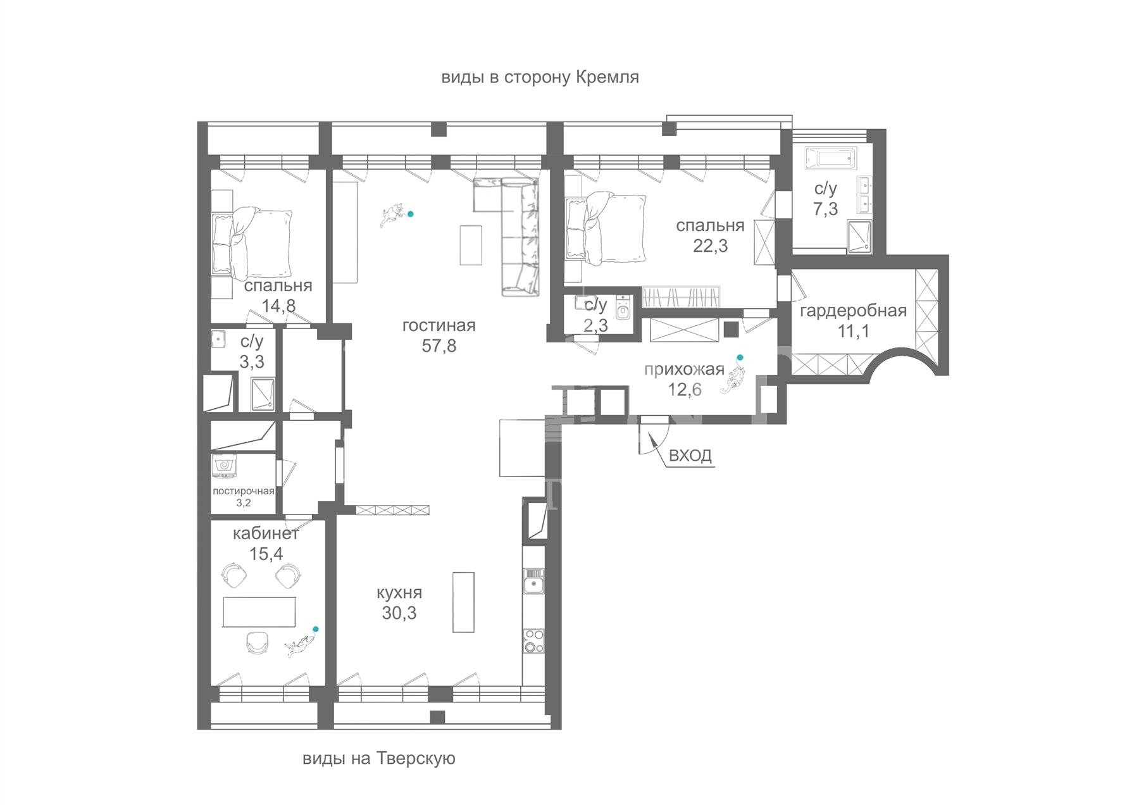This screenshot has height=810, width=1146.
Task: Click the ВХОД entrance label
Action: click(690, 455)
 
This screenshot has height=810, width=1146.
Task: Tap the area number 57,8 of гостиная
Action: click(439, 346)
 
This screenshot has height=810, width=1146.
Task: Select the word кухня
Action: click(399, 593)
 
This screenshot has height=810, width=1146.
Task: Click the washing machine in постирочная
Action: click(224, 466)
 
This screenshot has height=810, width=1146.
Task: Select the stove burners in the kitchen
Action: click(533, 640)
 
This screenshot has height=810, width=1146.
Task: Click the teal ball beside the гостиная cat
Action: click(411, 214)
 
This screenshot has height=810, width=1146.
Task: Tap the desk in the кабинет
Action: click(259, 611)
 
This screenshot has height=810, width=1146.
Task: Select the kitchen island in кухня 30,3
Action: click(463, 602)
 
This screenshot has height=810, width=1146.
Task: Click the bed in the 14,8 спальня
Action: click(252, 243)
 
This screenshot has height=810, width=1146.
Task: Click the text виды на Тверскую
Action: click(379, 758)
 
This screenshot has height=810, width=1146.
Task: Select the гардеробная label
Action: click(853, 311)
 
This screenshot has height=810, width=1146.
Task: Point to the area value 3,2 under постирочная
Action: click(244, 503)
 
